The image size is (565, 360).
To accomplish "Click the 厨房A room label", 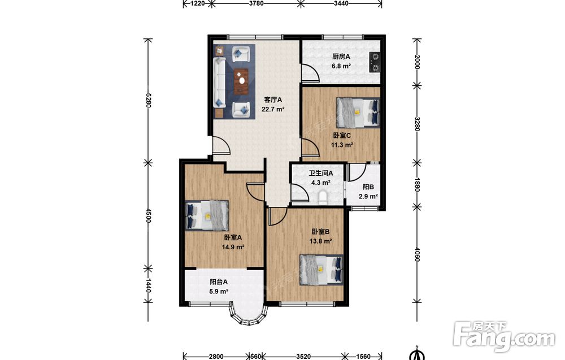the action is tap(341, 57).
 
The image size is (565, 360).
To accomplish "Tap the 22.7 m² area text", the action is tap(273, 109).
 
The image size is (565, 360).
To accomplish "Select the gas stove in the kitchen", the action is tap(375, 63).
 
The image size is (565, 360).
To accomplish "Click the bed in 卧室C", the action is tap(358, 112).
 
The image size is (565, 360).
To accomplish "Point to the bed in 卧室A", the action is tap(207, 215).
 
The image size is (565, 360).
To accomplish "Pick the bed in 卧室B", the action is tap(321, 270).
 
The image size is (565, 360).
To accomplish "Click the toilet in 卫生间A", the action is tap(323, 198).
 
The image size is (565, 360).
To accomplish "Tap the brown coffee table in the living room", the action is tap(241, 81).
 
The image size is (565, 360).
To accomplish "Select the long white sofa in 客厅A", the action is tap(219, 83).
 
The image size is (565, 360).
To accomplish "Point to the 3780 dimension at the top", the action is tap(256, 3).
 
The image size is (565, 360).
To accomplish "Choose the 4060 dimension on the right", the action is tap(418, 254).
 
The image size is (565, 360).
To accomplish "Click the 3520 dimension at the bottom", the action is tap(303, 357).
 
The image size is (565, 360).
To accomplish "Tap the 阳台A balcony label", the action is tap(219, 282).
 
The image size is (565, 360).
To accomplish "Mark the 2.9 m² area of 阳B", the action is tap(368, 197).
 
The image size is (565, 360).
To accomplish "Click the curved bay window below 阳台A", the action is tap(249, 316).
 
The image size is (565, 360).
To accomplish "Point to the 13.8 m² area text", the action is tap(321, 241).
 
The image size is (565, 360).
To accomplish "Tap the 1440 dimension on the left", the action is tap(148, 285).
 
